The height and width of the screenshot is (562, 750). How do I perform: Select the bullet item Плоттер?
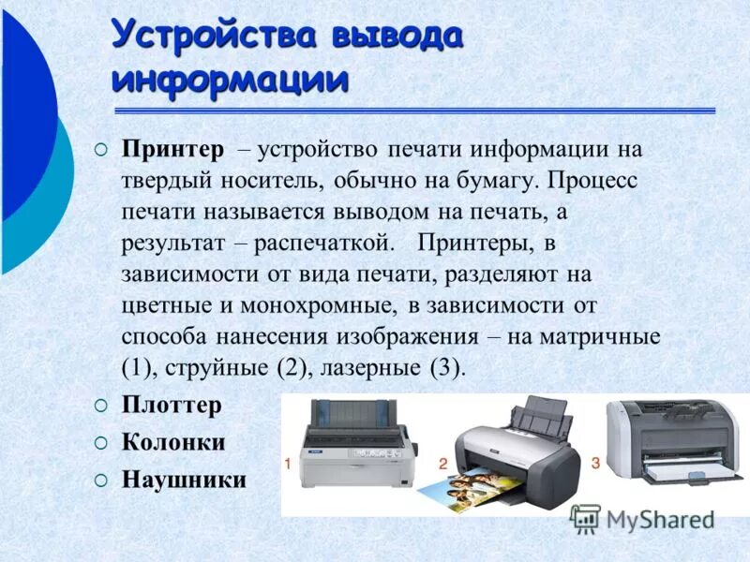coord(172,406)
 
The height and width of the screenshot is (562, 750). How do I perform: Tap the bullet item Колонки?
coord(173,442)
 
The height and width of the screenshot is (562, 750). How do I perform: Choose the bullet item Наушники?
coord(184,480)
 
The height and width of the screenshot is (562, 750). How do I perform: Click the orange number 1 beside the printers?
coord(290,463)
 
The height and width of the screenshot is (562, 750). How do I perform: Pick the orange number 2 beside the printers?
coord(442,463)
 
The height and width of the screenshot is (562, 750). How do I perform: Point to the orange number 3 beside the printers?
coord(594,463)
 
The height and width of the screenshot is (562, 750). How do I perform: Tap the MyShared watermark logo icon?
coord(585,519)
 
